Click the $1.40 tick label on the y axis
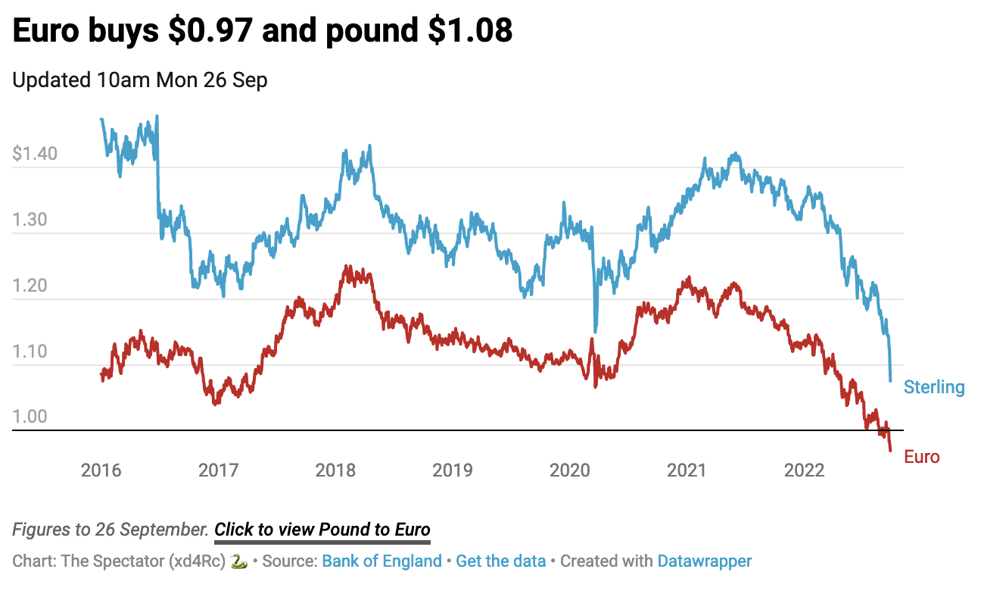(x=35, y=154)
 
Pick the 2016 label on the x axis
(x=101, y=470)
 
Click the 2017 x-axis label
(x=218, y=470)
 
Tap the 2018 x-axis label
(x=335, y=470)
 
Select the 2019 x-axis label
(x=453, y=470)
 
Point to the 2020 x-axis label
(x=570, y=470)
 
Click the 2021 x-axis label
(x=687, y=470)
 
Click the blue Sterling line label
(x=934, y=388)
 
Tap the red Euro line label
(x=921, y=457)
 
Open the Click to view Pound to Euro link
(x=322, y=530)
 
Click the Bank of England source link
(x=381, y=561)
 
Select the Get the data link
(x=500, y=561)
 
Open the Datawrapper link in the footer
(x=704, y=561)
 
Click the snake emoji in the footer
(x=238, y=561)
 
